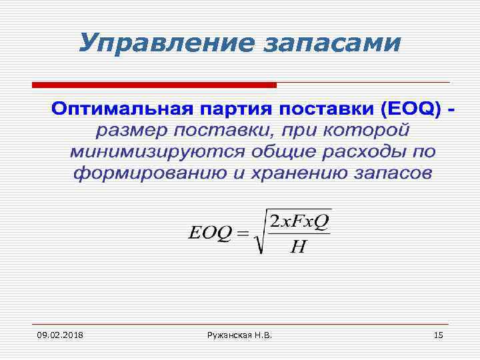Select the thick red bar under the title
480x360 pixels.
[x=154, y=85]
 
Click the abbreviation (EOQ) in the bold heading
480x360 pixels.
[x=409, y=109]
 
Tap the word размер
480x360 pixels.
[x=131, y=129]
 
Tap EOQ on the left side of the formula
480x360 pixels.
[x=211, y=233]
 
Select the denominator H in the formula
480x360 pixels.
[x=298, y=247]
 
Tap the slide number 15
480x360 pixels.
[x=438, y=333]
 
